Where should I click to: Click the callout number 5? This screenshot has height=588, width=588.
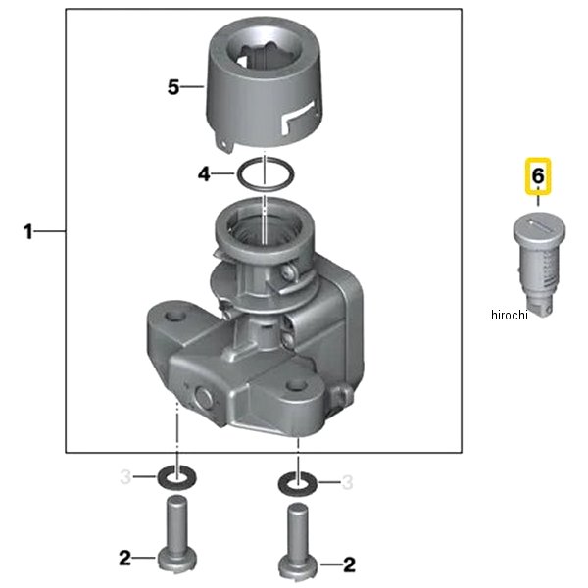173,87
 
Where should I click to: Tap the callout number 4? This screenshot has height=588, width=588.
204,174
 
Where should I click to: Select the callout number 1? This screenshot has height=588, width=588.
28,231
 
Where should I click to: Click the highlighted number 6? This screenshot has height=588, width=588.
538,175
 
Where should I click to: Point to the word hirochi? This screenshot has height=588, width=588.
510,315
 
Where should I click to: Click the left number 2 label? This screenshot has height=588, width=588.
125,558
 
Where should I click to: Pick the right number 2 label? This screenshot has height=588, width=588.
349,564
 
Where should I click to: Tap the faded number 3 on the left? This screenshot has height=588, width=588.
125,477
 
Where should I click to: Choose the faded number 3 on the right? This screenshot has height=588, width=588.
348,482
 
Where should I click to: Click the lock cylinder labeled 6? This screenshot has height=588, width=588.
539,264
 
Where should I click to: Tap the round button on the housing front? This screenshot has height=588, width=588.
204,398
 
